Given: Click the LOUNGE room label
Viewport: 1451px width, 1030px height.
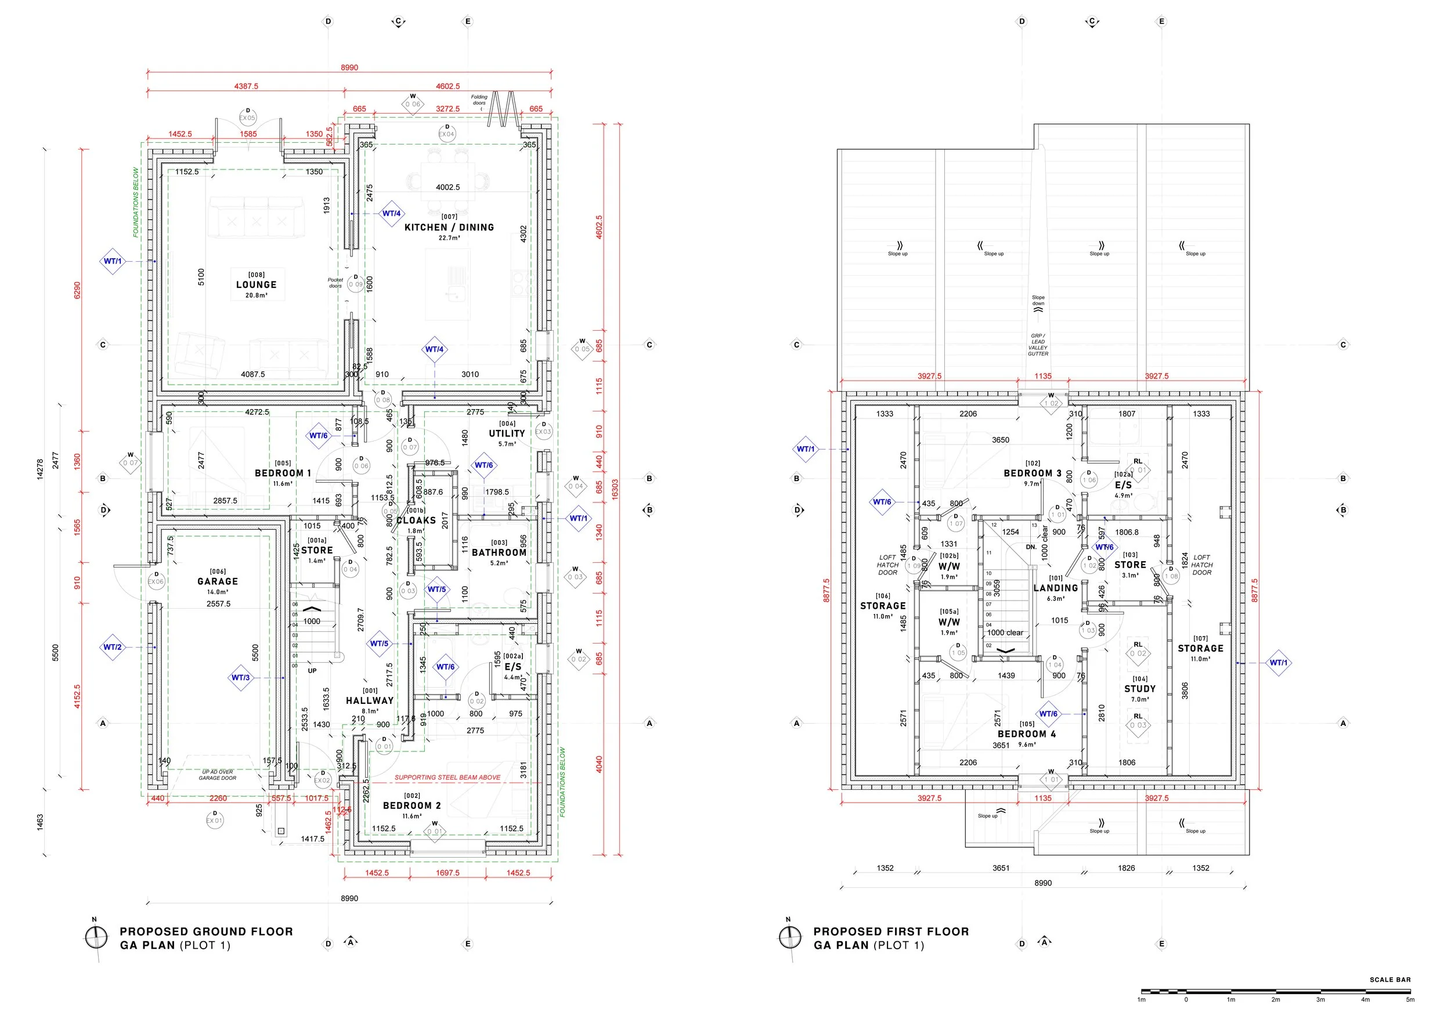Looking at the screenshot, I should pyautogui.click(x=256, y=285).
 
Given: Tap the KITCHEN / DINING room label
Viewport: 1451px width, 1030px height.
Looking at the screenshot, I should pyautogui.click(x=449, y=227).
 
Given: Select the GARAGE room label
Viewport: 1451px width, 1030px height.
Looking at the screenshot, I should pyautogui.click(x=218, y=581).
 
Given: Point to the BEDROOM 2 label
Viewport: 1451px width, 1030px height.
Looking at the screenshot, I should pyautogui.click(x=412, y=805).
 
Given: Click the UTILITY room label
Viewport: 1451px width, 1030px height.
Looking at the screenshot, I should pyautogui.click(x=507, y=433).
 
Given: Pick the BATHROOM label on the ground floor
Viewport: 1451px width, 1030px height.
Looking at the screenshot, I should pyautogui.click(x=499, y=552).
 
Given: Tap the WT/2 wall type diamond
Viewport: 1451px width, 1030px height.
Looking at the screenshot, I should pyautogui.click(x=113, y=647).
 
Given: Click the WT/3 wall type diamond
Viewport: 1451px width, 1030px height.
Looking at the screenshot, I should pyautogui.click(x=240, y=677).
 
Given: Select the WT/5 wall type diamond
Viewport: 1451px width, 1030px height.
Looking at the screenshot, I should pyautogui.click(x=379, y=643).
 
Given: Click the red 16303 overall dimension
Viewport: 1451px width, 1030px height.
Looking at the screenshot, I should pyautogui.click(x=615, y=490).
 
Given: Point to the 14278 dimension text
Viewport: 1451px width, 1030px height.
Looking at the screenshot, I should pyautogui.click(x=40, y=469).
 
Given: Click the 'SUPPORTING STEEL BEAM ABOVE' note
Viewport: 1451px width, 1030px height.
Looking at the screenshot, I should pyautogui.click(x=447, y=777).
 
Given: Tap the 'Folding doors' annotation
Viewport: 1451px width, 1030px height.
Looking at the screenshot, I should pyautogui.click(x=479, y=100).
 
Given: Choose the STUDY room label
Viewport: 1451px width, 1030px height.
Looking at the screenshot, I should pyautogui.click(x=1140, y=689).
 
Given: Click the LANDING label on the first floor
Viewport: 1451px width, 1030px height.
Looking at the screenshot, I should pyautogui.click(x=1055, y=588).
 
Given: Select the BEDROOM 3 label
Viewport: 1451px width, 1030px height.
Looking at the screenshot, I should pyautogui.click(x=1032, y=473).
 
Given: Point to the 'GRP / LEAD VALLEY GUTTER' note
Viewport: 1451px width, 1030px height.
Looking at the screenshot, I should pyautogui.click(x=1038, y=344).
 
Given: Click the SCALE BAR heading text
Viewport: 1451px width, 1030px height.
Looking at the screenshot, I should pyautogui.click(x=1390, y=980).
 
